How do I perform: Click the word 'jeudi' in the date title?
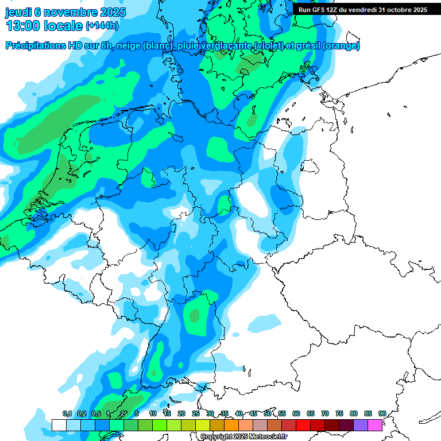[18, 12]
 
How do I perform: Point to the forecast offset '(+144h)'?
[102, 26]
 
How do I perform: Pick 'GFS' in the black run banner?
[319, 10]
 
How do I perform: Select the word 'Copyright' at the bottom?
[216, 437]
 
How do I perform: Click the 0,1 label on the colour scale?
[67, 414]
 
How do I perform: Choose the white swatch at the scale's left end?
[59, 425]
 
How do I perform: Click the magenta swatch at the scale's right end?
[375, 425]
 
